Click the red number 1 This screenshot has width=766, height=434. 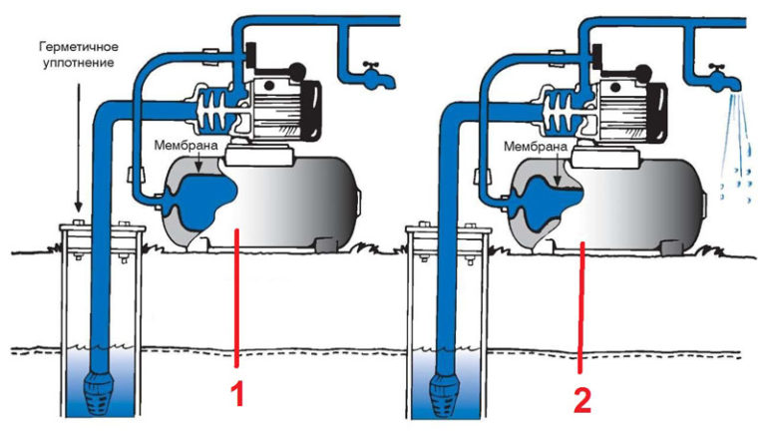(x=237, y=394)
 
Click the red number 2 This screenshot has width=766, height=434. (x=581, y=401)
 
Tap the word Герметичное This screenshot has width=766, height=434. (x=79, y=47)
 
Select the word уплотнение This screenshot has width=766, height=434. (x=79, y=63)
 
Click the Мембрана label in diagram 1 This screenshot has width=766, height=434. (x=186, y=146)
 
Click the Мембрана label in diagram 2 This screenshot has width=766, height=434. (x=535, y=147)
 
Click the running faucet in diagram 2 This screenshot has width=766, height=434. (x=722, y=77)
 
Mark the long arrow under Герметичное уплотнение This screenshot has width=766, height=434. (x=77, y=146)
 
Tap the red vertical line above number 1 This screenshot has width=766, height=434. (x=236, y=297)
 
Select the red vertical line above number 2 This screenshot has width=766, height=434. (x=580, y=307)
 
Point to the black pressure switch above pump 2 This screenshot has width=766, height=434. (x=597, y=55)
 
